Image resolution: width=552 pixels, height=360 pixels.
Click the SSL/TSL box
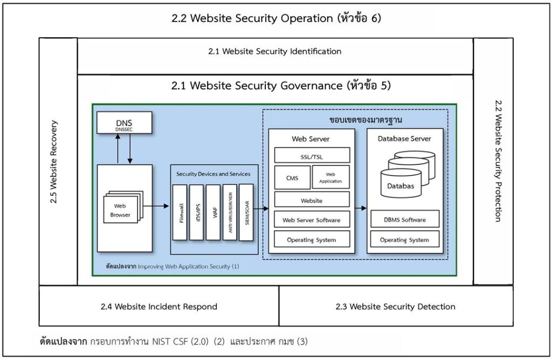coord(312,155)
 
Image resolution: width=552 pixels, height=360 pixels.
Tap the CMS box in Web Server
coord(292,177)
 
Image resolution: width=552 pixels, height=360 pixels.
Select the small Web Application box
coord(330,177)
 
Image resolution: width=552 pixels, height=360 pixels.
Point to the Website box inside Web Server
coord(312,200)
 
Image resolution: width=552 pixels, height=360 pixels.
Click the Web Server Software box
coord(312,219)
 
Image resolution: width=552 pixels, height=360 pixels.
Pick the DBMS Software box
coord(404,219)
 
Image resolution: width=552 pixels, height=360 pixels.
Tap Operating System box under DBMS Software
coord(404,239)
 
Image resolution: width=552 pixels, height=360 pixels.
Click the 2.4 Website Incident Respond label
coord(159,307)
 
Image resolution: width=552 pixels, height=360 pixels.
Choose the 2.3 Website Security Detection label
coord(396,307)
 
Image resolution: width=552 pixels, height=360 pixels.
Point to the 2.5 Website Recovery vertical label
coord(54,162)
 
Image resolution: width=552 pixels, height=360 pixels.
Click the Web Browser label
coord(120,210)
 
